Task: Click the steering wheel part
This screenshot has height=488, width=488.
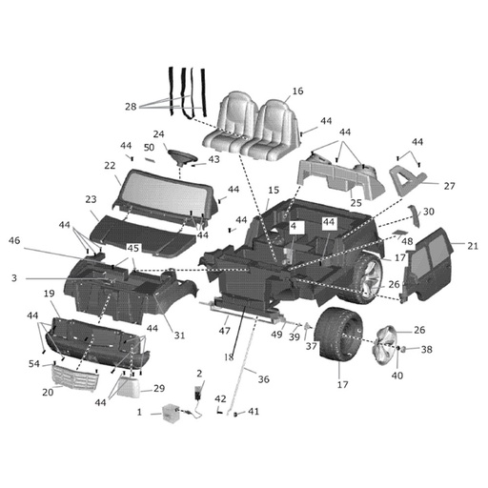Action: (x=182, y=157)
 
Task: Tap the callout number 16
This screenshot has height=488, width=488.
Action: (x=297, y=91)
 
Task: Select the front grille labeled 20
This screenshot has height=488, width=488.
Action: (x=75, y=377)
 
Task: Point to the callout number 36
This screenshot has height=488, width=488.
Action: (x=264, y=379)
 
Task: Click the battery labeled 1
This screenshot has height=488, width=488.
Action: (x=170, y=413)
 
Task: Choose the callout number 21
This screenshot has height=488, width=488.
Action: (x=473, y=246)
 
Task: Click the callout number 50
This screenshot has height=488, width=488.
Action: (x=149, y=148)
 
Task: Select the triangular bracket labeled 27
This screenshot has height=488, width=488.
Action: (x=408, y=179)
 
